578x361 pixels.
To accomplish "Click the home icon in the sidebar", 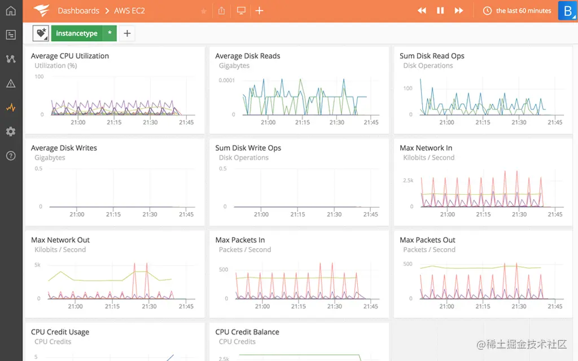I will [11, 11].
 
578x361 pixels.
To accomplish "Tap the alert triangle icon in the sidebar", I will [11, 83].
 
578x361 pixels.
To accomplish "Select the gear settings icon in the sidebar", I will [11, 131].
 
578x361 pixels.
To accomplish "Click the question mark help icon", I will [11, 156].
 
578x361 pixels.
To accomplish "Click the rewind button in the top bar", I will [422, 11].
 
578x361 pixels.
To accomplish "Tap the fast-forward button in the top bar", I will [459, 11].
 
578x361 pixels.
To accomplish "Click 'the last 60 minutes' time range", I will [523, 11].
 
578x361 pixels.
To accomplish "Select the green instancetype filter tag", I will [77, 34].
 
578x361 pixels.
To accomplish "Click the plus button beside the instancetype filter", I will [127, 34].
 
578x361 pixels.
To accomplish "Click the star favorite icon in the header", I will [204, 11].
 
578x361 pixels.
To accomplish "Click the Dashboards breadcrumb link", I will [78, 11].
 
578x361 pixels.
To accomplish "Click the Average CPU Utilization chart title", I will [70, 56].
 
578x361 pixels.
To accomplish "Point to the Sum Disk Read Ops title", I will [432, 56].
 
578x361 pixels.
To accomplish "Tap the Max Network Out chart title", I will [60, 240].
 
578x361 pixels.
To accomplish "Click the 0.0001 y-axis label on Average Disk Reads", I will [227, 81].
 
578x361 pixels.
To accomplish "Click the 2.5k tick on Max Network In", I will [408, 180].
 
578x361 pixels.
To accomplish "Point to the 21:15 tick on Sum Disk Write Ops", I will [298, 214].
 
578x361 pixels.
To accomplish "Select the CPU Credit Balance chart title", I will [247, 332].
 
